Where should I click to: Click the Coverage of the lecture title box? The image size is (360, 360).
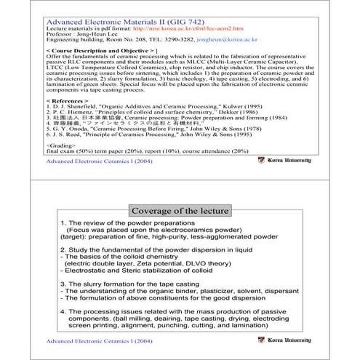point(180,211)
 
